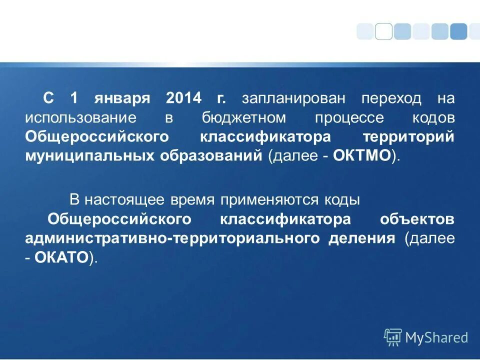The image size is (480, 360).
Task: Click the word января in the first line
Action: [x=121, y=98]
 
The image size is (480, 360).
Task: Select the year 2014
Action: [x=184, y=98]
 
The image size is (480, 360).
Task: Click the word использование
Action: [x=81, y=117]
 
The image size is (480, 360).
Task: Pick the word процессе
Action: [x=349, y=117]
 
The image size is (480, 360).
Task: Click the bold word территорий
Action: [x=408, y=136]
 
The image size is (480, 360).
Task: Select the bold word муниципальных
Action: [x=89, y=155]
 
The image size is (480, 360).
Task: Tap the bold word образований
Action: [x=211, y=155]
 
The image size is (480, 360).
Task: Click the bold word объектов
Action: [x=417, y=219]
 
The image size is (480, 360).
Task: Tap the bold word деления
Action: [x=361, y=238]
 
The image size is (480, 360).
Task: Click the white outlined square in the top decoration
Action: [x=383, y=31]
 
